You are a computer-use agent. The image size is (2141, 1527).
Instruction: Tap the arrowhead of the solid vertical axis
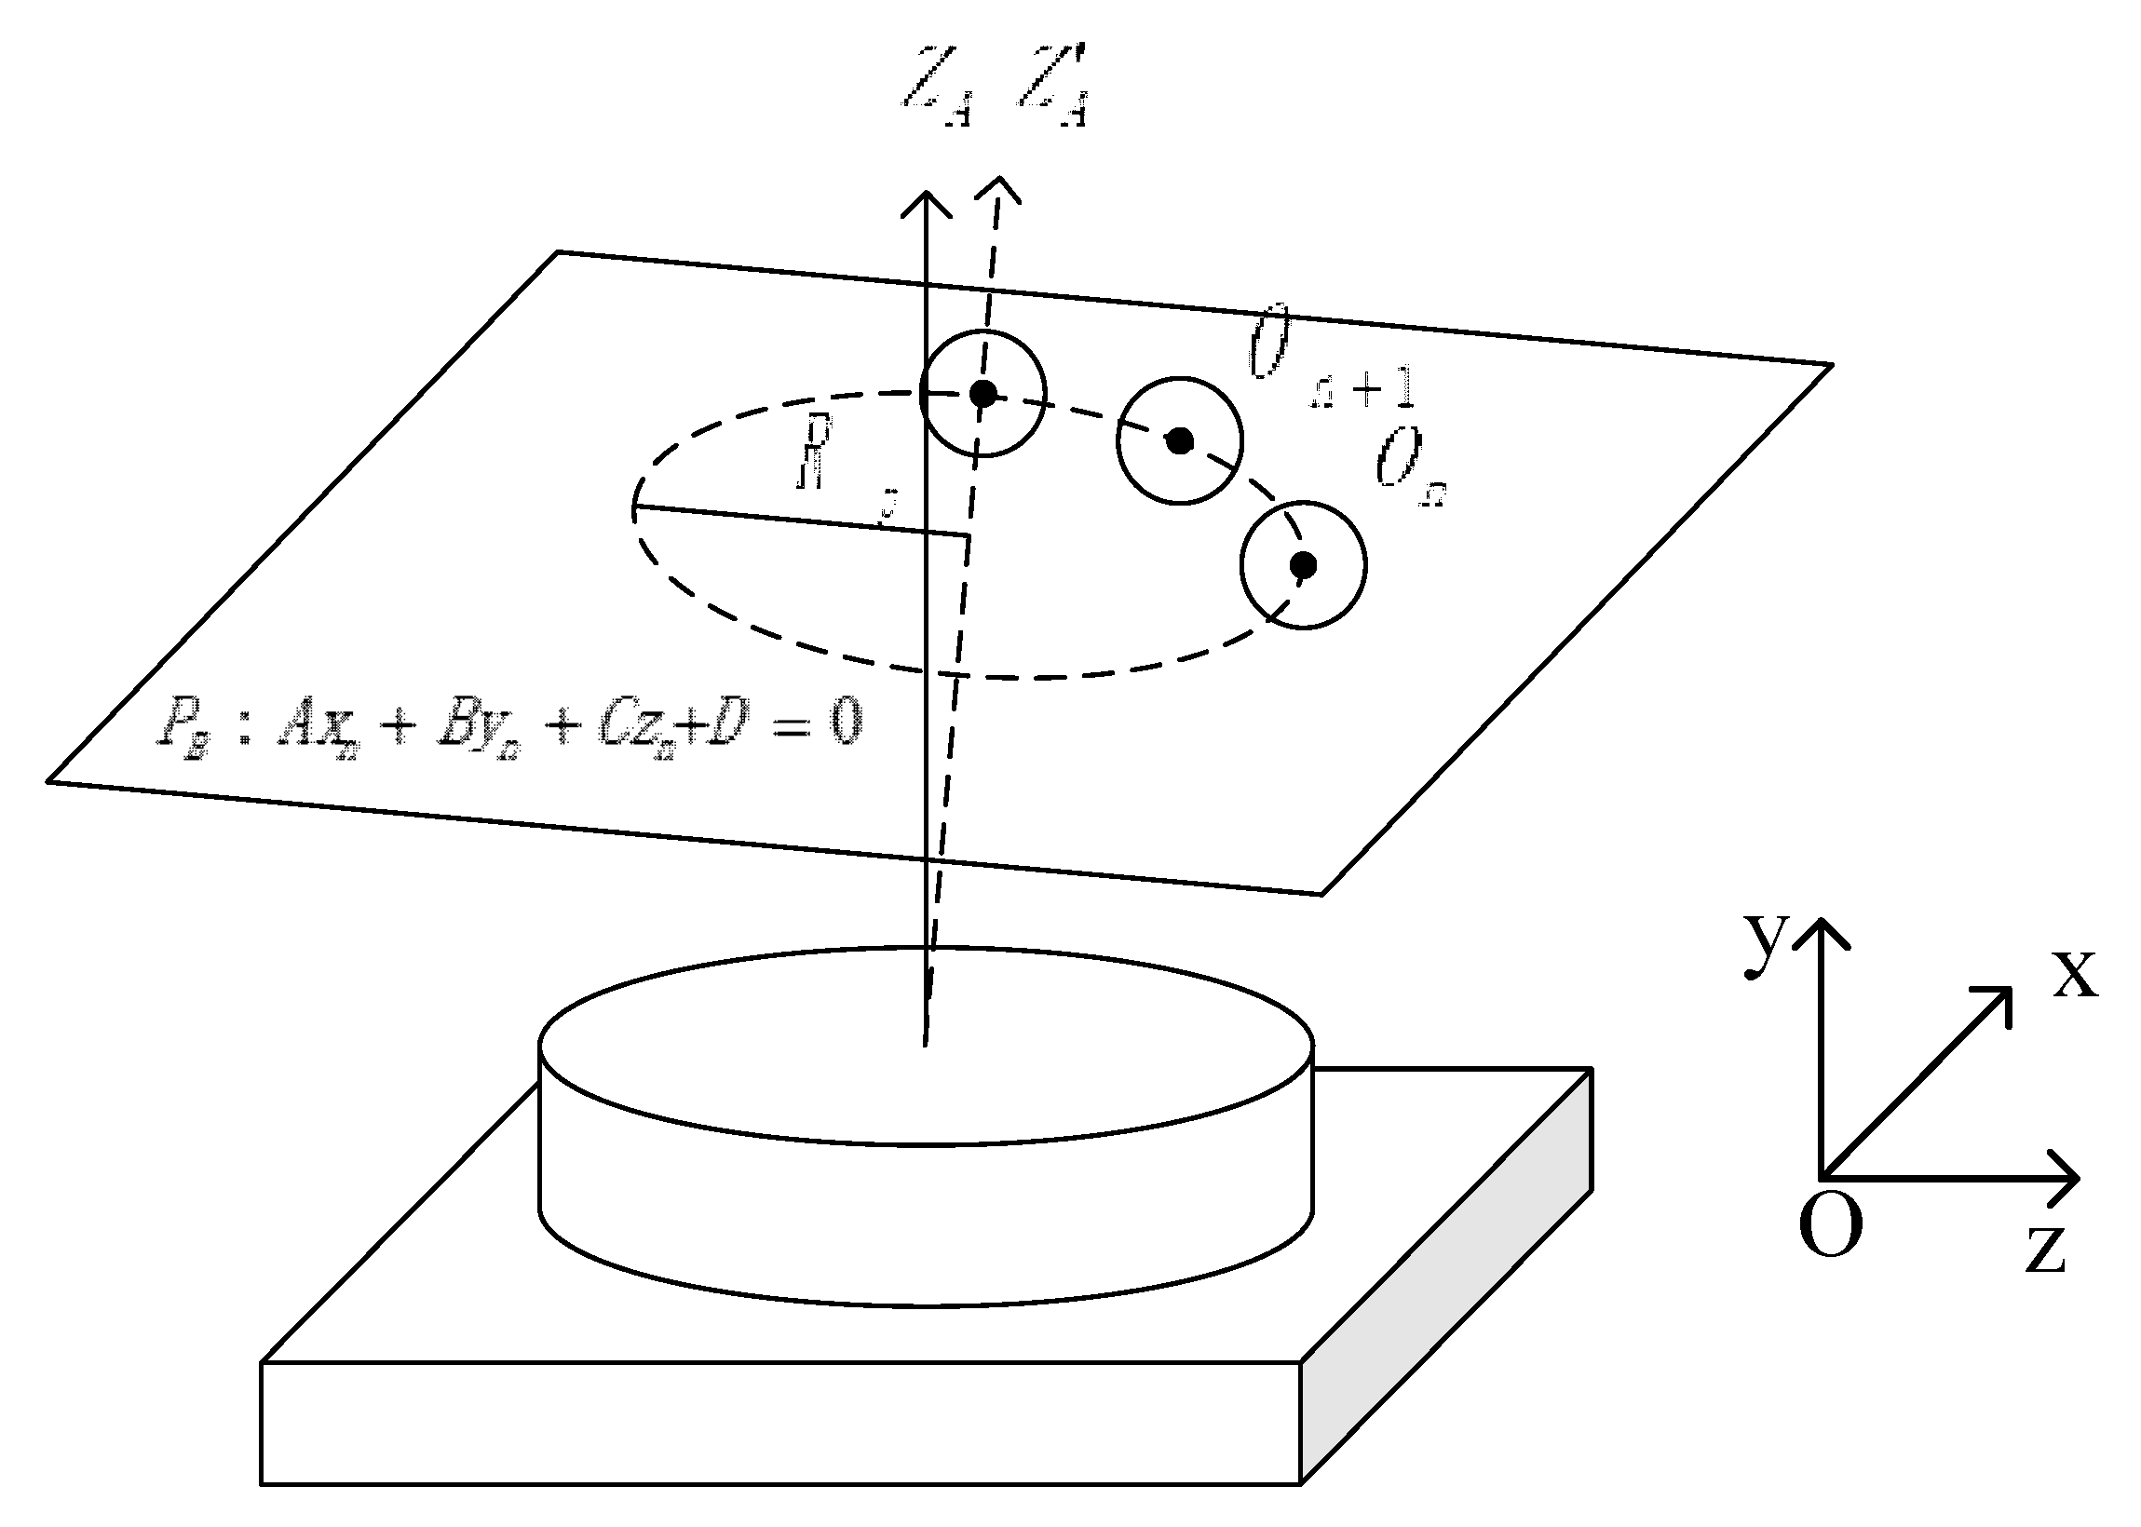click(x=928, y=197)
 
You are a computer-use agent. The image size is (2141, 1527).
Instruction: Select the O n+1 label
click(x=1331, y=362)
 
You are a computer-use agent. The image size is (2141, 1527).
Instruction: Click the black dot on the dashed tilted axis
click(x=983, y=394)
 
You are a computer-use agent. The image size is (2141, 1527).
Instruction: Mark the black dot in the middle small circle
click(x=1179, y=440)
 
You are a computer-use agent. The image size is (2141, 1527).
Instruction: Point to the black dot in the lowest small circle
click(x=1303, y=565)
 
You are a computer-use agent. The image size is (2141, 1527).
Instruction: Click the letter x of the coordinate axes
click(x=2074, y=972)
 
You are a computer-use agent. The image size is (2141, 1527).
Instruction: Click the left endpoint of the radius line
click(x=636, y=508)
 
